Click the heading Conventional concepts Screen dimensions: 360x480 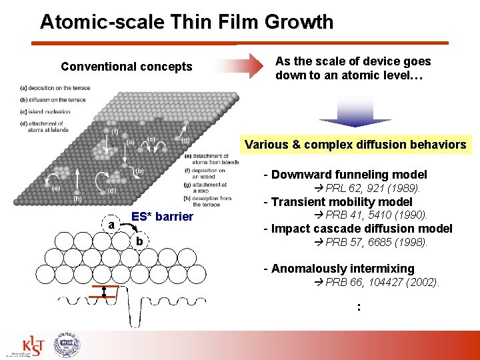(126, 67)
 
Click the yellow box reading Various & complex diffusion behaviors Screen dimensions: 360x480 (355, 145)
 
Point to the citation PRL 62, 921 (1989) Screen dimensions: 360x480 (373, 188)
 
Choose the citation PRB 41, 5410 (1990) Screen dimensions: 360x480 (376, 215)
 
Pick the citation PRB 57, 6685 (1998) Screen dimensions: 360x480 (376, 242)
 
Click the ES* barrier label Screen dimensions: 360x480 (162, 217)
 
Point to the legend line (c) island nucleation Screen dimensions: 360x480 (45, 112)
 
